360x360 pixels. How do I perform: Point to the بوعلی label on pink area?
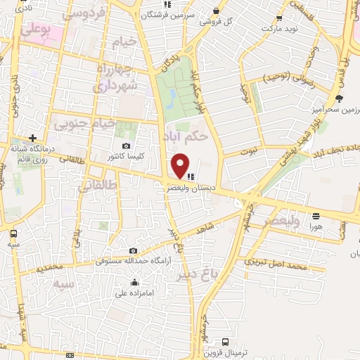click(x=36, y=30)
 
